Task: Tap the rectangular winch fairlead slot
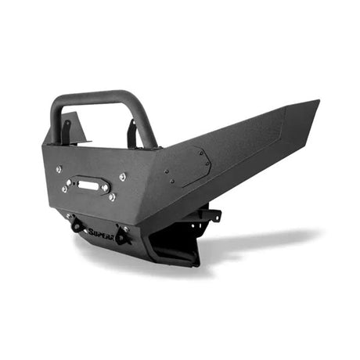click(88, 186)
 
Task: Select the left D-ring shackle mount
click(77, 225)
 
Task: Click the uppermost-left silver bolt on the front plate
click(58, 168)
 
